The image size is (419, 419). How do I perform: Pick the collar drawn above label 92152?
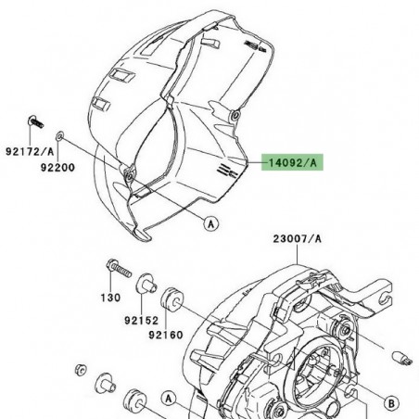[146, 284]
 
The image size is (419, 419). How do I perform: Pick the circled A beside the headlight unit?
[171, 398]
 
